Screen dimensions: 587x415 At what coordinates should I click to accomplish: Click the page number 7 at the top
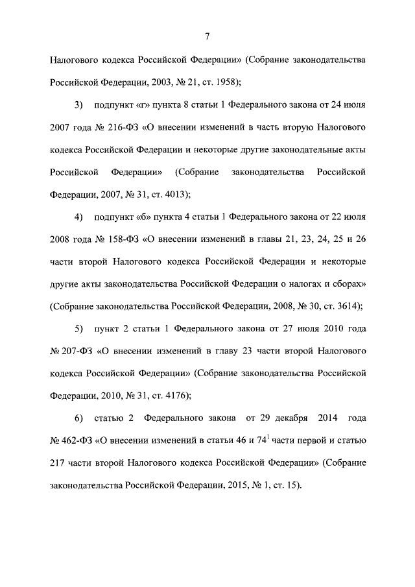pos(207,35)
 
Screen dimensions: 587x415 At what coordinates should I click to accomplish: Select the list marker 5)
pos(79,328)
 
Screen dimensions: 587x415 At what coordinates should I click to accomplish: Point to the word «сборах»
pos(351,283)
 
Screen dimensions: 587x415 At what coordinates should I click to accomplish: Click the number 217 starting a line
pos(57,464)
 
